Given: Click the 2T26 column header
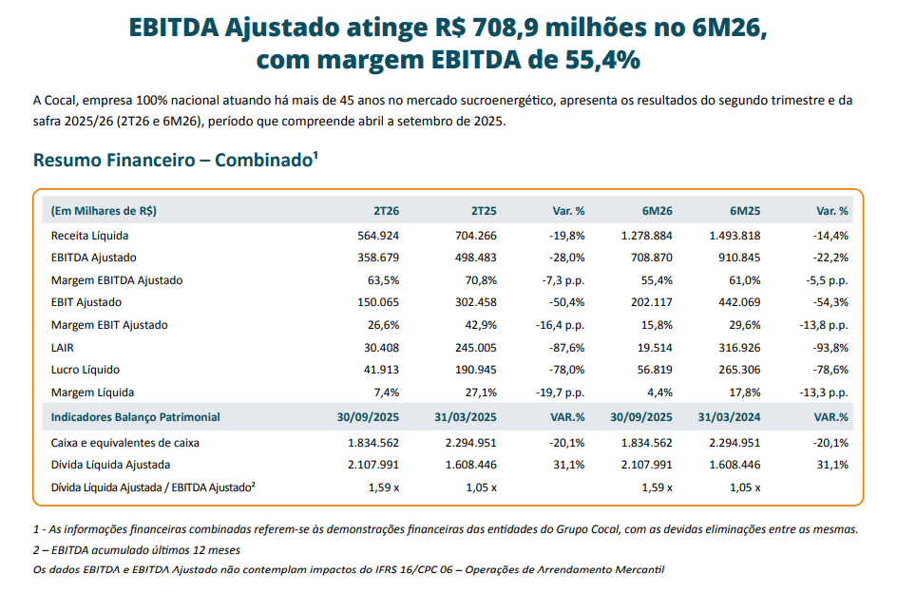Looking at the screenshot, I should click(x=385, y=211).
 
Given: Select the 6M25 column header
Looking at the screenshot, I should click(x=745, y=211).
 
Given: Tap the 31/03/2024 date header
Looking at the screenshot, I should click(x=731, y=417).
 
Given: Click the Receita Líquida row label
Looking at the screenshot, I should click(x=89, y=235).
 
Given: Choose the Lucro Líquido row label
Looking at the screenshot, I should click(x=86, y=370).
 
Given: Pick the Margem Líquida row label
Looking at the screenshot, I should click(x=92, y=392).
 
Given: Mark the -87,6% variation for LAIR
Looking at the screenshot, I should click(x=568, y=347).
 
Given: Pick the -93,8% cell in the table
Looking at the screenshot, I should click(x=831, y=347).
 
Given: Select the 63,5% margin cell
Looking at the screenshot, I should click(x=383, y=279).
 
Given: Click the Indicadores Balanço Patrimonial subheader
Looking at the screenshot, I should click(x=135, y=417).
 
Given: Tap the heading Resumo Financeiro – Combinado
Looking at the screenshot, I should click(x=175, y=160).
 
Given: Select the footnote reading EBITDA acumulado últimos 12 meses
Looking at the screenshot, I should click(x=137, y=550).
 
